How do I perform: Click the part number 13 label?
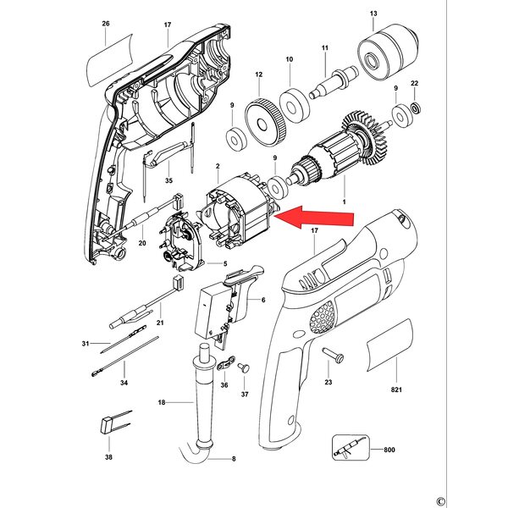[x=373, y=14]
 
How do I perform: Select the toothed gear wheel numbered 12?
[x=265, y=121]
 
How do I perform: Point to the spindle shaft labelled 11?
[x=334, y=83]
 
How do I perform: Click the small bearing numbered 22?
[x=416, y=108]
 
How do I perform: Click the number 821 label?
[x=396, y=389]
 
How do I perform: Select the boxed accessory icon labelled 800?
[x=351, y=447]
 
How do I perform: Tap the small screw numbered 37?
[x=244, y=368]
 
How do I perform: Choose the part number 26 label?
[x=106, y=24]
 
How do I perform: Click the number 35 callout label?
[x=168, y=180]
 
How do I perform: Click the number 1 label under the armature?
[x=344, y=202]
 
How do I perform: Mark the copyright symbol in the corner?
[x=440, y=501]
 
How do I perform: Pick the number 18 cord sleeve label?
[x=162, y=402]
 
